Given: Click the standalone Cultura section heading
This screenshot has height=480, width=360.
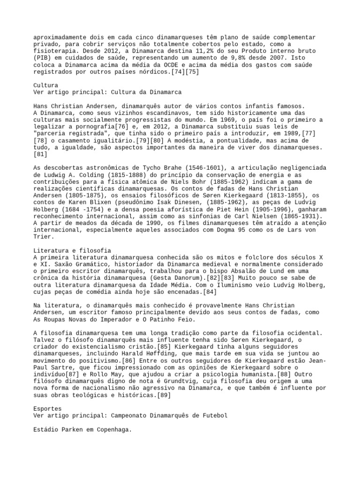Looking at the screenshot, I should [46, 86].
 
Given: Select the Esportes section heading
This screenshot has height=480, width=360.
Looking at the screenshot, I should [48, 409].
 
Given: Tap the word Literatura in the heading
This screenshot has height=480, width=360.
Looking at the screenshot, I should [52, 251].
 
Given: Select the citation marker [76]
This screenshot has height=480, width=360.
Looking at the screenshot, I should [120, 127].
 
